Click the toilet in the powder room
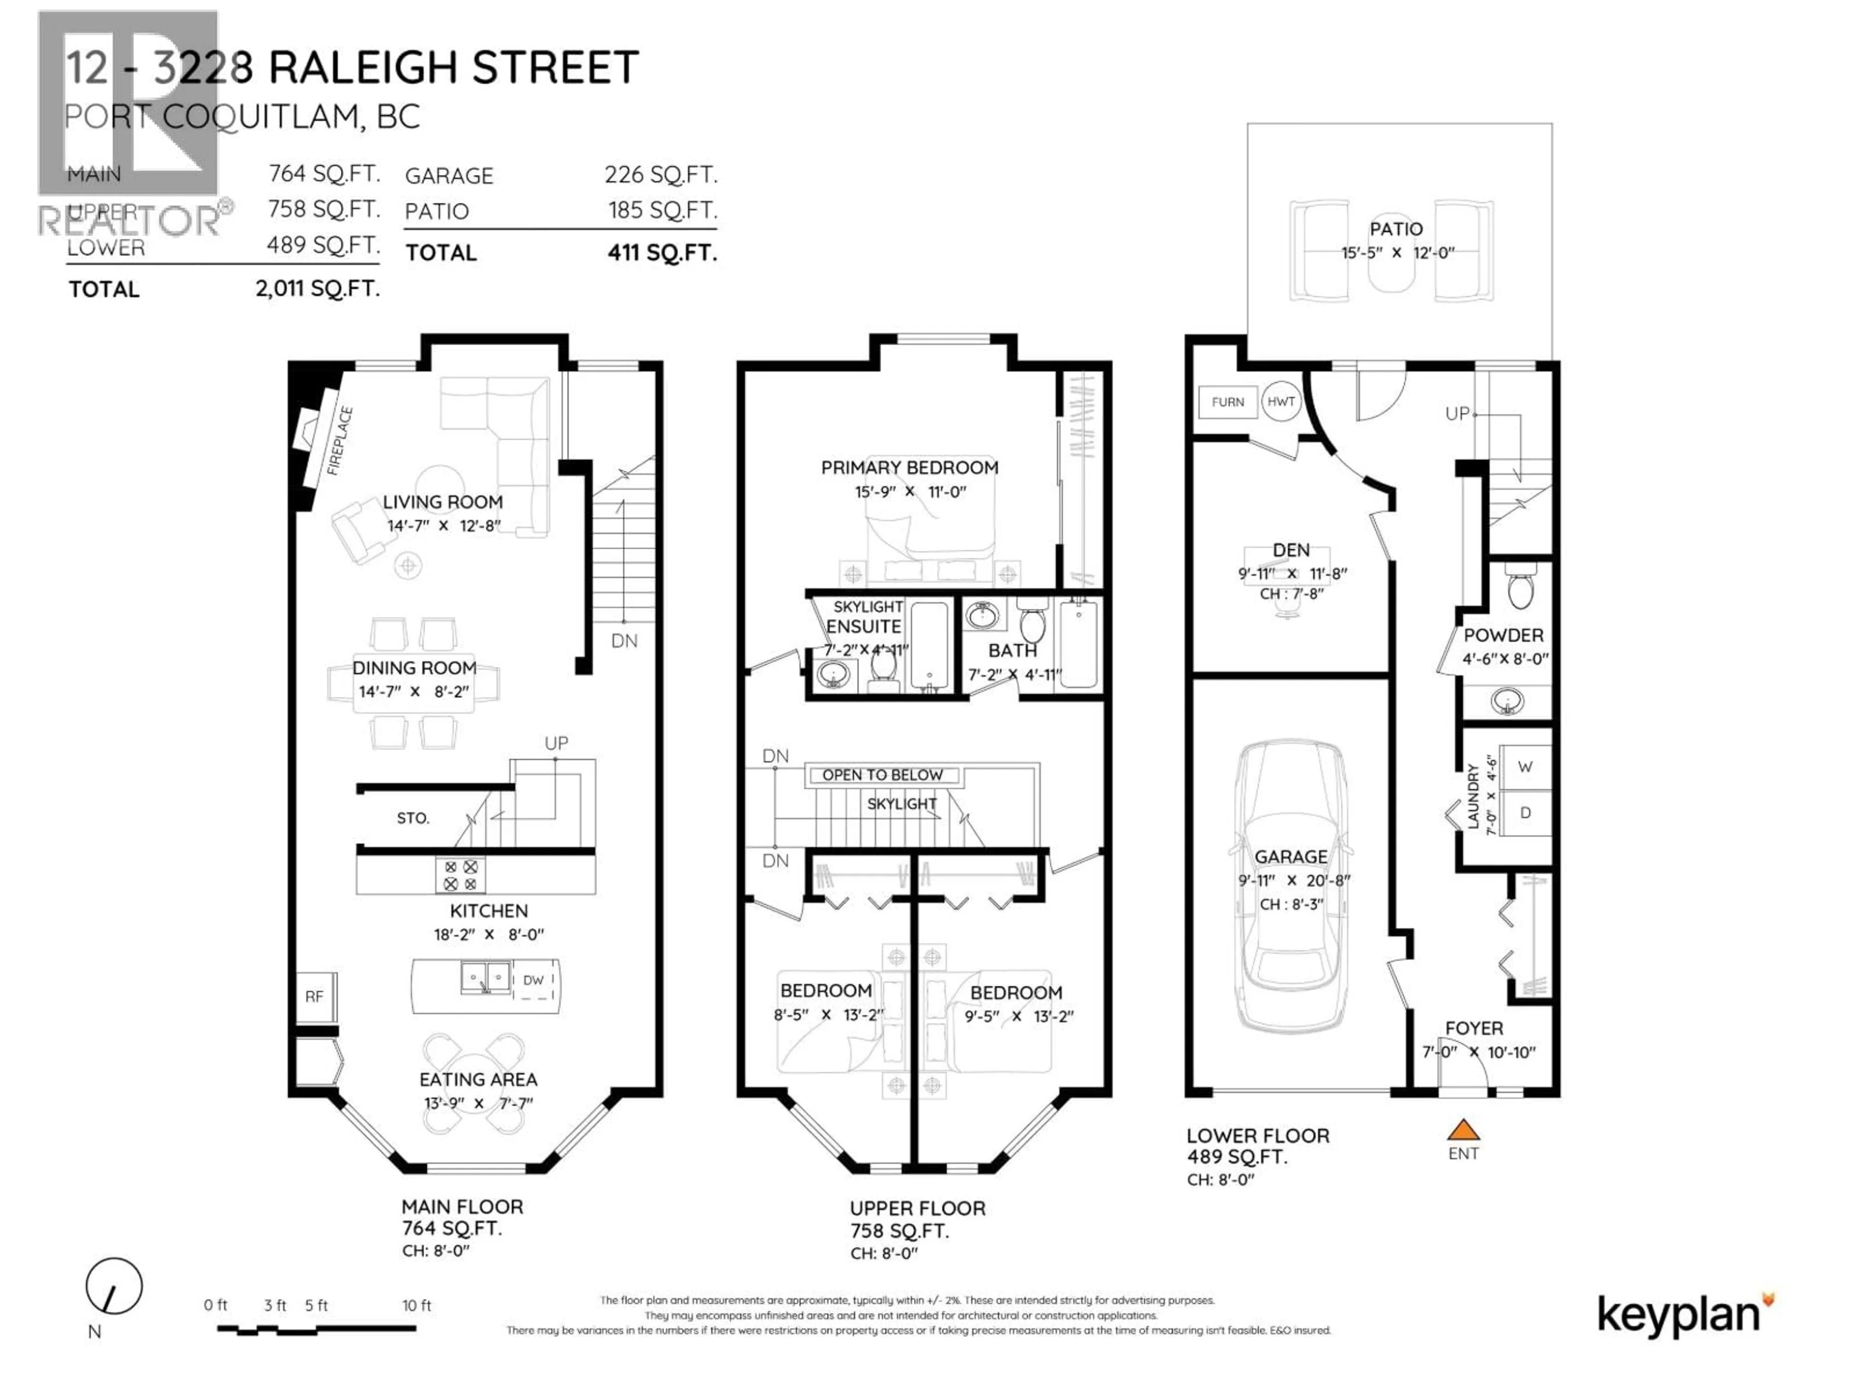point(1520,587)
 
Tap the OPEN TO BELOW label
point(882,774)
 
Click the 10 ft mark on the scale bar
point(416,1305)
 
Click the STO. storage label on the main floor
point(413,818)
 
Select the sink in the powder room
point(1508,700)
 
